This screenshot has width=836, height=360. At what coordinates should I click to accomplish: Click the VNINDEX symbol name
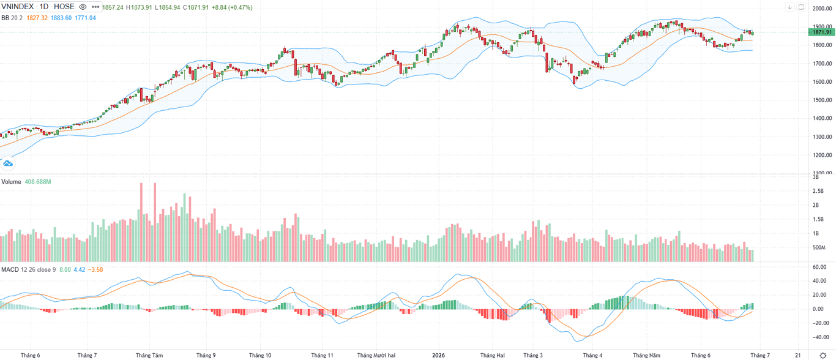point(18,7)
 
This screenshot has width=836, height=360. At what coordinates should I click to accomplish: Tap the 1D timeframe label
point(44,7)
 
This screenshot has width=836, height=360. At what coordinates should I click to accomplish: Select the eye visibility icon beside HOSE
point(83,7)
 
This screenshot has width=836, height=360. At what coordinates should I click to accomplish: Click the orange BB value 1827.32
point(37,18)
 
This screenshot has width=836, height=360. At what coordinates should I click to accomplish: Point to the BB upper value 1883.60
point(61,18)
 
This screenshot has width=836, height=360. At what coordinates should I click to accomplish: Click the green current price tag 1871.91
point(822,32)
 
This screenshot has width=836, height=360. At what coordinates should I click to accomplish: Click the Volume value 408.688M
point(38,182)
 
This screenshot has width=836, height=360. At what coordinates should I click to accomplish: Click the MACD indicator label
point(10,269)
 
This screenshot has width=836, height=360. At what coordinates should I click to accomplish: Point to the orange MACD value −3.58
point(95,269)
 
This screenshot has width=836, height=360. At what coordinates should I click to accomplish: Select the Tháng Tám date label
point(149,355)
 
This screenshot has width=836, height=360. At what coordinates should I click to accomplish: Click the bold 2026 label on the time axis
point(439,355)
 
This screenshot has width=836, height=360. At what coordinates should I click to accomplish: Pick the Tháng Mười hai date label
point(376,355)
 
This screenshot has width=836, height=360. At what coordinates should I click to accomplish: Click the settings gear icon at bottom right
point(823,355)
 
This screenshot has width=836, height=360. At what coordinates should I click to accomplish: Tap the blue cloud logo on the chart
point(7,163)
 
